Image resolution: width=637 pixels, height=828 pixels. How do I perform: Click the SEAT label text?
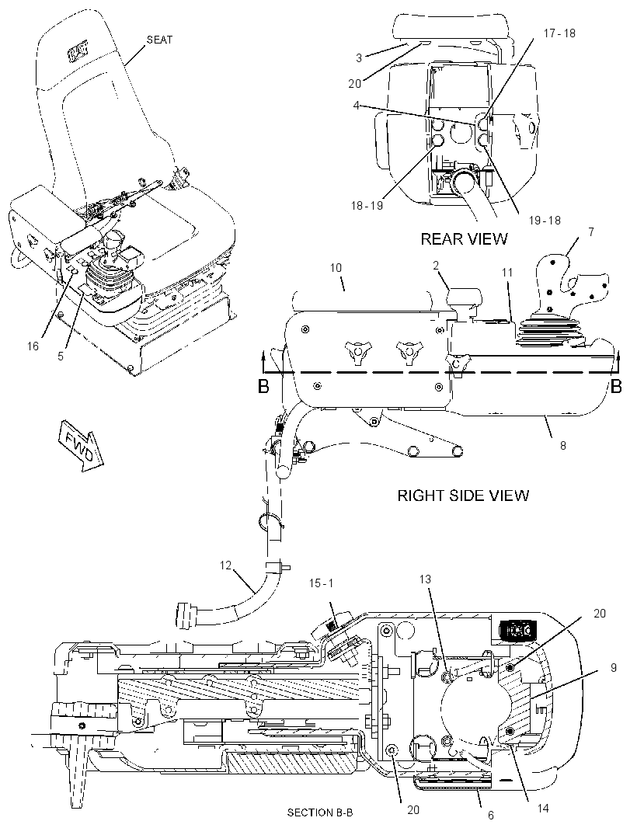pos(159,40)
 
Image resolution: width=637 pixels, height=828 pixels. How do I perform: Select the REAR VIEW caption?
pos(464,238)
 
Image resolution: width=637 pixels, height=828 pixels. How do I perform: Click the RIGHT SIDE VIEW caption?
pos(463,496)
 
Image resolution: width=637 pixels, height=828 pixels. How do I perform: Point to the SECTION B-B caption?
pos(319,812)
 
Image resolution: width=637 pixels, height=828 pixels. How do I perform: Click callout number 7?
pos(590,231)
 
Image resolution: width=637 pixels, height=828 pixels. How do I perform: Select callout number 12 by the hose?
pos(225,565)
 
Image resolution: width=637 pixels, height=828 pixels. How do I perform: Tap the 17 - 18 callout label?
pos(559,33)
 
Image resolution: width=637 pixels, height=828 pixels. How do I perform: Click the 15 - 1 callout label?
pos(321,583)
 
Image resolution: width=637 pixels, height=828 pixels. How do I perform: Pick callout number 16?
pos(33,346)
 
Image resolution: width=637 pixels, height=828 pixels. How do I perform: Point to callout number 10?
pos(336,268)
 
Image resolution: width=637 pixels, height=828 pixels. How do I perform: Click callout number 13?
pos(425,579)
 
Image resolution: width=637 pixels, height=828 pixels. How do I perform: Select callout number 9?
pos(613,668)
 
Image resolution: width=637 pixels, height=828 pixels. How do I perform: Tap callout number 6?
pos(491,816)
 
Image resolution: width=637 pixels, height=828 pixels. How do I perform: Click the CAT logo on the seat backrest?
pos(78,53)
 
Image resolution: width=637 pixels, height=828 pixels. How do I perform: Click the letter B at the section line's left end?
pos(263,387)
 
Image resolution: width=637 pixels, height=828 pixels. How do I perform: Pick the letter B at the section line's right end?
pos(616,387)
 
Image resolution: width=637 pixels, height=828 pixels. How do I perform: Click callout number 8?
pos(563,445)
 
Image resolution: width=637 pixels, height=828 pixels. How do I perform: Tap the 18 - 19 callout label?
pos(367,205)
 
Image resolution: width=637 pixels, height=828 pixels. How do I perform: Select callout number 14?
pos(542,808)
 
